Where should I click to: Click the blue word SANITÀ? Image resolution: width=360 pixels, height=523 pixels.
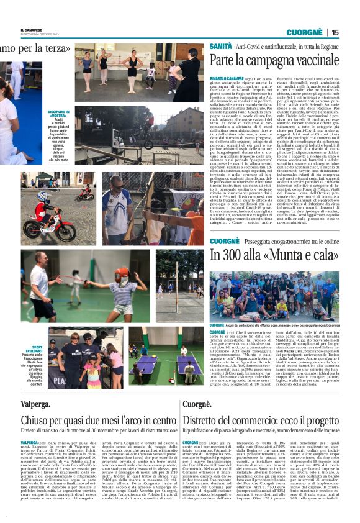point(220,47)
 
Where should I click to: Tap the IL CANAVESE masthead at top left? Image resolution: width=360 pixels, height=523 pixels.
point(30,29)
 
